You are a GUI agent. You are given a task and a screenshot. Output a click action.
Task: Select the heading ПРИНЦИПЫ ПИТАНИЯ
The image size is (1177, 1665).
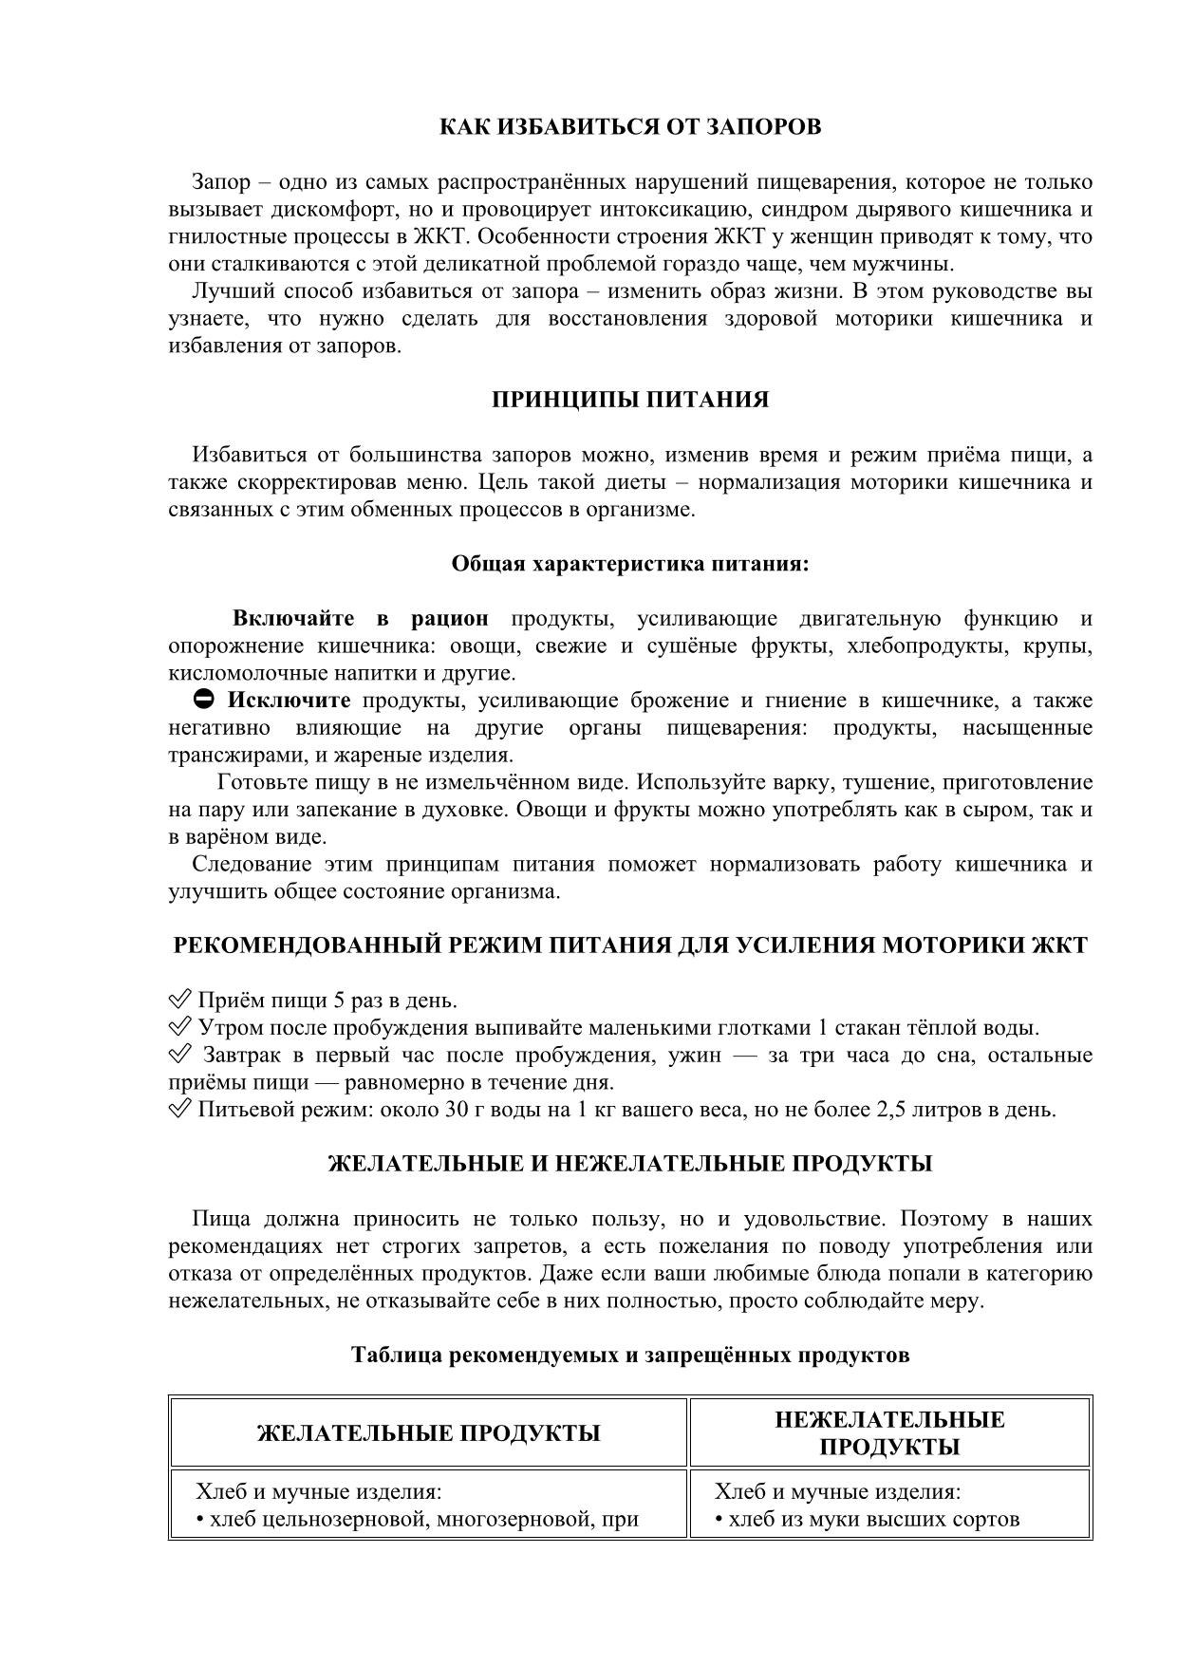630,400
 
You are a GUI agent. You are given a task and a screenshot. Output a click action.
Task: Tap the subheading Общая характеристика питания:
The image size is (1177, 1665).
630,564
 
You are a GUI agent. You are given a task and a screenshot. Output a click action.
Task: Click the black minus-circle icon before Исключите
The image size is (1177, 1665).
204,701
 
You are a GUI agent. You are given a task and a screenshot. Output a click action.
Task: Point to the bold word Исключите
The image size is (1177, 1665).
289,701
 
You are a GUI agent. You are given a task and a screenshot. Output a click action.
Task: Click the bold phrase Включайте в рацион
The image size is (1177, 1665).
360,619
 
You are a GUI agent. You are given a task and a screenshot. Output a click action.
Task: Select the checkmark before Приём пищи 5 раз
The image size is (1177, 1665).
179,1001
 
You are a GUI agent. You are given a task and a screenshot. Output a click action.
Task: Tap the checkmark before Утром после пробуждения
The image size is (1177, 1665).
179,1027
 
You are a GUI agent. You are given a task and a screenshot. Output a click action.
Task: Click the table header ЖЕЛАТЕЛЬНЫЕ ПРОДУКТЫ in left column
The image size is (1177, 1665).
428,1433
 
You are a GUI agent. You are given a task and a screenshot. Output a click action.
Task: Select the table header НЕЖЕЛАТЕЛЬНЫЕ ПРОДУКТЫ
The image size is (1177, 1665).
889,1433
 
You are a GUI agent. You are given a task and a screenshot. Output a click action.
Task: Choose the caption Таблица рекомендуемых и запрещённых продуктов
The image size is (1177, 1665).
630,1356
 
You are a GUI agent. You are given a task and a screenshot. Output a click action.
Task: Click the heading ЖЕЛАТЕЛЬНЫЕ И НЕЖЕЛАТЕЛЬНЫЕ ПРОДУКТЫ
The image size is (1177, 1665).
630,1164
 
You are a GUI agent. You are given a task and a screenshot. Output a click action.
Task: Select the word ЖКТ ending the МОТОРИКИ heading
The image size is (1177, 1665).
1060,946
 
